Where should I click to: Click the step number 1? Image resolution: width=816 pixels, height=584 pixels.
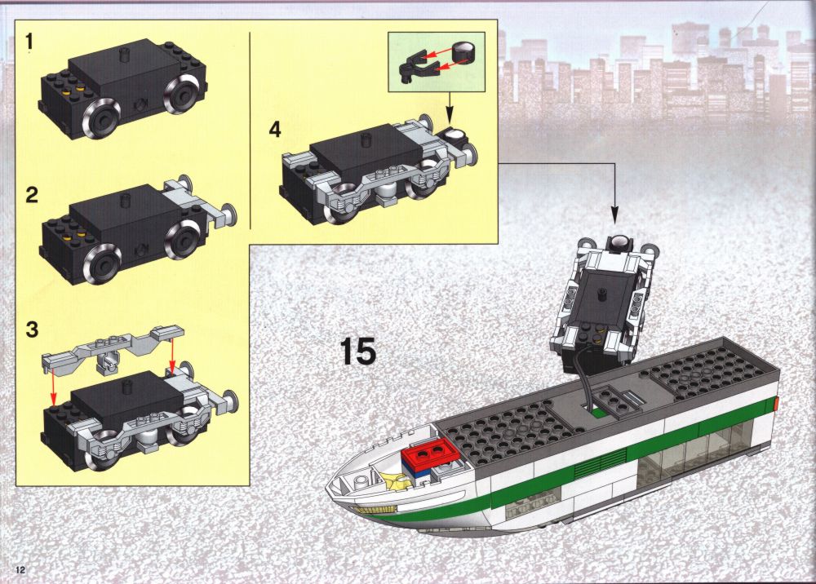[30, 41]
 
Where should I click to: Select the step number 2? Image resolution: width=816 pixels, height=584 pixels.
[32, 195]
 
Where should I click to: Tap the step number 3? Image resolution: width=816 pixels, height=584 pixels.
[32, 330]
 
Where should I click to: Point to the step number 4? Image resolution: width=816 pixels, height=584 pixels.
[275, 129]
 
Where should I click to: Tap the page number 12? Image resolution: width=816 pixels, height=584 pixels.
[20, 569]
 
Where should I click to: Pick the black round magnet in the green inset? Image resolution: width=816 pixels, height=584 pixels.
[463, 51]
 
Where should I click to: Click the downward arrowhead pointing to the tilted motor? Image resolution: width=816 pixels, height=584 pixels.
[614, 216]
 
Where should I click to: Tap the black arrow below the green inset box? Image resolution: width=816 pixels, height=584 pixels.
[450, 107]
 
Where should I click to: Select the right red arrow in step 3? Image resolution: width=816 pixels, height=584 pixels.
[172, 355]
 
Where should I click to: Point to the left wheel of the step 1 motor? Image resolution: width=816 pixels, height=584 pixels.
[101, 118]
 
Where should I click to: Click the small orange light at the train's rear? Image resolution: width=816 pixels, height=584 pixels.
[775, 403]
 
